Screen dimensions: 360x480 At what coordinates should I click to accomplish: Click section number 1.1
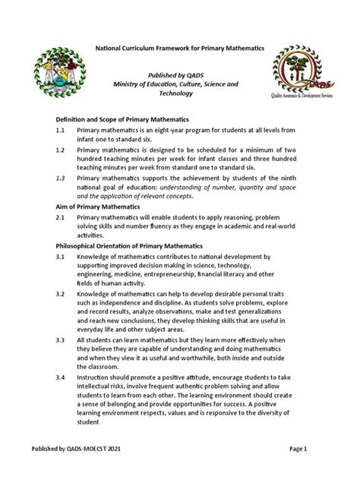pos(61,131)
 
